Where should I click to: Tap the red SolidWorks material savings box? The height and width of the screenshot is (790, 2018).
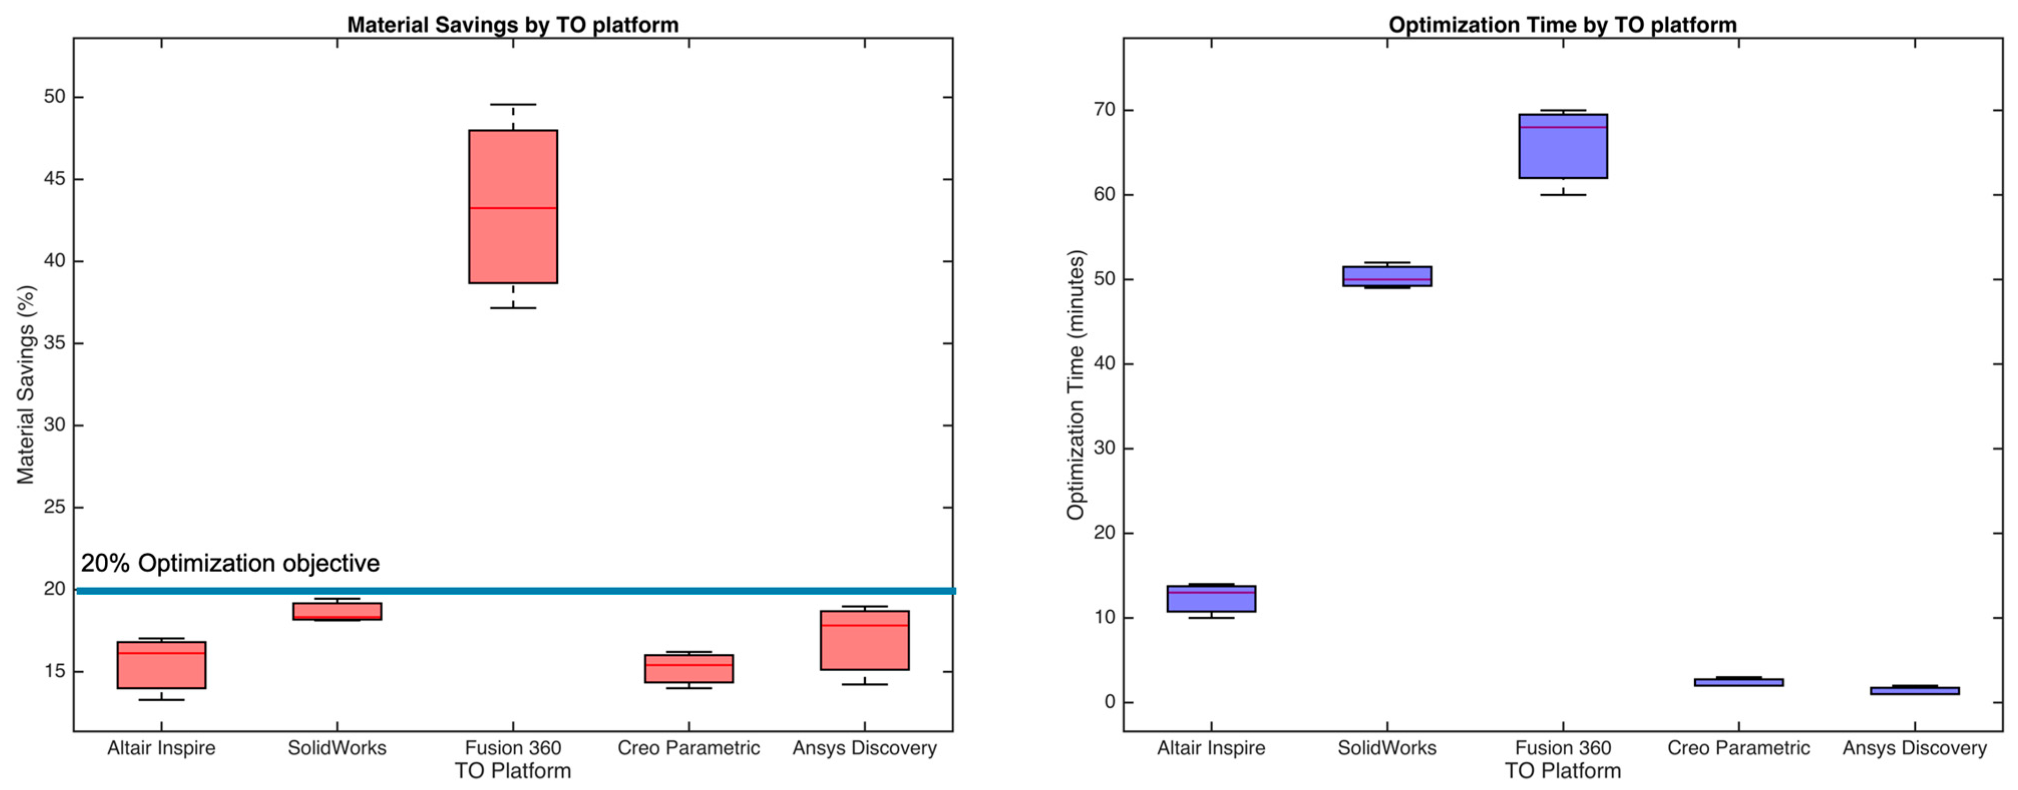[337, 610]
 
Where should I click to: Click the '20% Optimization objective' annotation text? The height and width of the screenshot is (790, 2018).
[230, 563]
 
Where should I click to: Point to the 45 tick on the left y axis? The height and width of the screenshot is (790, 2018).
[55, 179]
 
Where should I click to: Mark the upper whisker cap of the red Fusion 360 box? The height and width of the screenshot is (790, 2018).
[513, 104]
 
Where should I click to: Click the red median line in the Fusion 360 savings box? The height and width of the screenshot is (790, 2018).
[513, 207]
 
